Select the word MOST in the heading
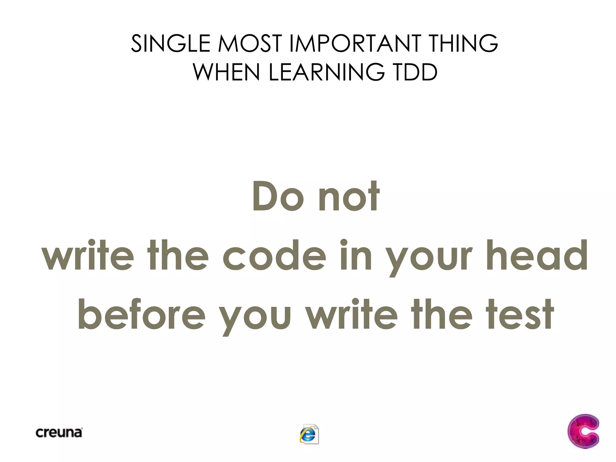250,44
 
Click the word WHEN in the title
226,72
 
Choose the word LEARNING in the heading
327,72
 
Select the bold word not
349,197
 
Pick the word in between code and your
356,256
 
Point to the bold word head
537,256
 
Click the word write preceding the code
88,256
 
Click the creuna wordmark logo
59,433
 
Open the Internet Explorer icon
309,434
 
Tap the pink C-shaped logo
583,431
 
